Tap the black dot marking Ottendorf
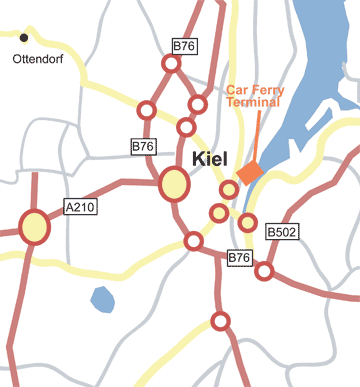(24, 38)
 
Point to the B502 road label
(282, 231)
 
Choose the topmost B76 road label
(183, 46)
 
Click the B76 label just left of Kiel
(143, 146)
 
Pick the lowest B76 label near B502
(238, 258)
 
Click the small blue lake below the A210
(102, 298)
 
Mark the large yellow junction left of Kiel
(174, 184)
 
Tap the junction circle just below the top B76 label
(171, 64)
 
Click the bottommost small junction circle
(220, 321)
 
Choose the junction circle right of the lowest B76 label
(265, 271)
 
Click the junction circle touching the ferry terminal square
(229, 189)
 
